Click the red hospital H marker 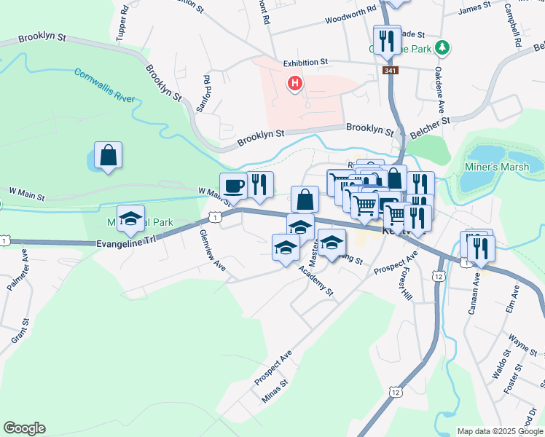point(295,84)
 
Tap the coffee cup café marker point(234,186)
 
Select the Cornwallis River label point(103,84)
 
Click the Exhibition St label point(306,63)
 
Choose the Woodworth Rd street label point(350,15)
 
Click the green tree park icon point(442,49)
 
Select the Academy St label point(315,280)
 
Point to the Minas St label point(275,390)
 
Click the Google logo point(24,428)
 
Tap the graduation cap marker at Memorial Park point(131,219)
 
